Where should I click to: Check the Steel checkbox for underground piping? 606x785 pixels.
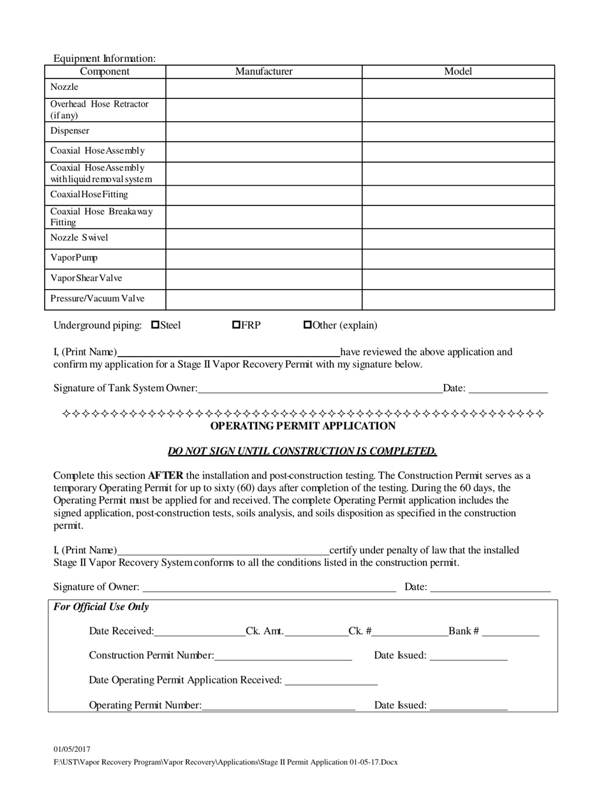coord(155,325)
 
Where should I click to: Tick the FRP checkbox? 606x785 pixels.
coord(236,325)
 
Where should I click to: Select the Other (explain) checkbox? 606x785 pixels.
coord(307,325)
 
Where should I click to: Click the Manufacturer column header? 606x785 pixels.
coord(263,71)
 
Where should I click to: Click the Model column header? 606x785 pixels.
coord(457,71)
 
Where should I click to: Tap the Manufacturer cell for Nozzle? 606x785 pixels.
coord(263,88)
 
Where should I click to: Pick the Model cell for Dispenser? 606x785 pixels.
coord(457,131)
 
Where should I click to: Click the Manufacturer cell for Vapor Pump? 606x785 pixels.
coord(263,258)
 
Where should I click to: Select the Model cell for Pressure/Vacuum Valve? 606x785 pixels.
coord(457,299)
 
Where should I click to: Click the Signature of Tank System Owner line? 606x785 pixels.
coord(320,388)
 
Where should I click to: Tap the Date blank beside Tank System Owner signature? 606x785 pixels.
coord(508,388)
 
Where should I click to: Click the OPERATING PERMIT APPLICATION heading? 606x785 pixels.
coord(302,426)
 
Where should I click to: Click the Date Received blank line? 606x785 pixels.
coord(199,631)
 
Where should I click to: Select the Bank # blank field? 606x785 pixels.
coord(510,631)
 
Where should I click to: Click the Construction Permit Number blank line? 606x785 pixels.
coord(283,655)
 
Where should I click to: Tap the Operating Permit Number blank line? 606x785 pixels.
coord(278,705)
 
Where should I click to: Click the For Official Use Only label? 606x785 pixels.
coord(101,607)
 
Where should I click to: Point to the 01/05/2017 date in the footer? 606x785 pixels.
coord(72,749)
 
